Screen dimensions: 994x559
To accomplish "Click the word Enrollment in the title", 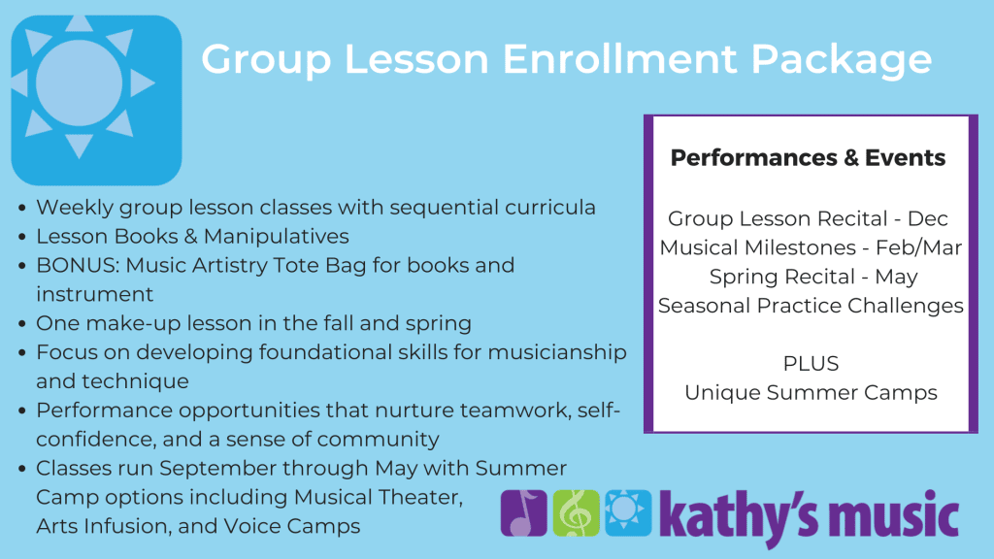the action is pos(620,59).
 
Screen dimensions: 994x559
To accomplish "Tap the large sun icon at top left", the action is pos(96,100).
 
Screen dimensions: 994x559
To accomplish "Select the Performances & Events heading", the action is pos(808,158).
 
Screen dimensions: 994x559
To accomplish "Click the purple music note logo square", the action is pos(523,512).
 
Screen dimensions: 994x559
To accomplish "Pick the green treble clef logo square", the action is pos(577,512).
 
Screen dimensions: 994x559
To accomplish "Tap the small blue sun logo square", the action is pos(628,512).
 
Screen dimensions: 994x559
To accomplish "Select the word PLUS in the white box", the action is pos(811,364).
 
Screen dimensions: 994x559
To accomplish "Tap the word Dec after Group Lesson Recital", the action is pos(927,218).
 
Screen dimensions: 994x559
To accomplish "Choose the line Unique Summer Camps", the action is pos(811,393).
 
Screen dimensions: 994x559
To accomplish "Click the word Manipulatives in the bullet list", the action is pos(277,237).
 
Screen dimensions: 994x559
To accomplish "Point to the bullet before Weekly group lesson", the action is pos(22,208).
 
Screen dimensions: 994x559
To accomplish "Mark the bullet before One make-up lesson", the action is pos(22,324).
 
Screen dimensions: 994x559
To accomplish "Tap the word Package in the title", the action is pos(842,60).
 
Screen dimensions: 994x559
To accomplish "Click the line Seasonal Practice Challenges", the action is pos(811,306).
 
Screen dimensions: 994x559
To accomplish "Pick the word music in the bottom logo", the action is pos(894,514).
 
